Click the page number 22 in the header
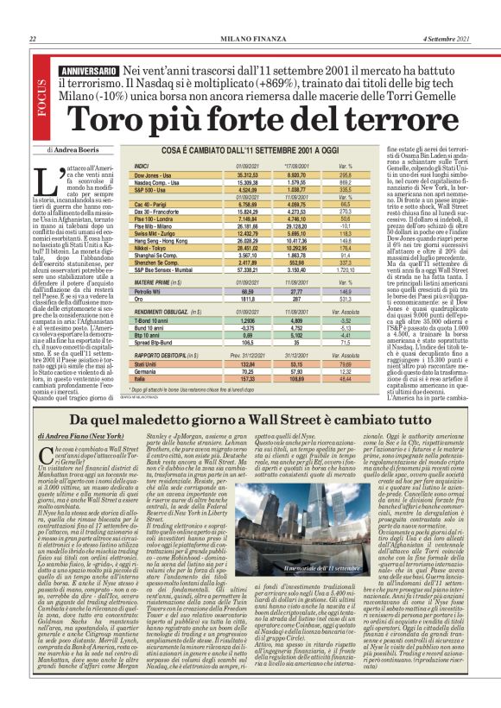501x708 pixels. [33, 39]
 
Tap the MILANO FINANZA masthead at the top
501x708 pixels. [250, 39]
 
